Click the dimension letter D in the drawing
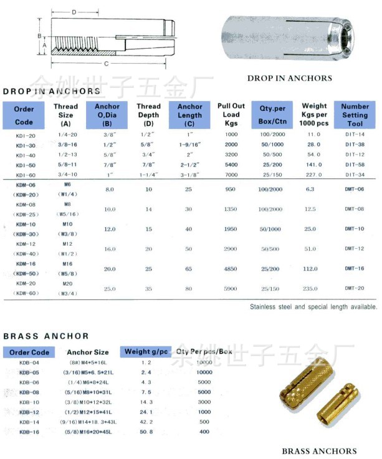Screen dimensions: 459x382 pos(74,12)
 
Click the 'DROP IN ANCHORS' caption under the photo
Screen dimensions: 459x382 pos(289,79)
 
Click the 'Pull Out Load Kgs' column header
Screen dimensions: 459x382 pos(231,115)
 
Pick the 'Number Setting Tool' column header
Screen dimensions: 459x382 pos(355,115)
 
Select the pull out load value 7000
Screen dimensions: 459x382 pos(231,175)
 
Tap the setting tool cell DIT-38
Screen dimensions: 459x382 pos(355,145)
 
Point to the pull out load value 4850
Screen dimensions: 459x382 pos(231,269)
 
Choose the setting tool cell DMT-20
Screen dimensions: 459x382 pos(355,288)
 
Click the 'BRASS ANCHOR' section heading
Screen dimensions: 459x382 pos(46,336)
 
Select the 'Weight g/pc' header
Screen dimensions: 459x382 pos(146,352)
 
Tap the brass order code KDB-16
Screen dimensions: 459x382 pos(29,432)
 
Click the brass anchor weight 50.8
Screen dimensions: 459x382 pos(146,432)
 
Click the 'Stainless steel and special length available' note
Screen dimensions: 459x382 pos(313,307)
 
